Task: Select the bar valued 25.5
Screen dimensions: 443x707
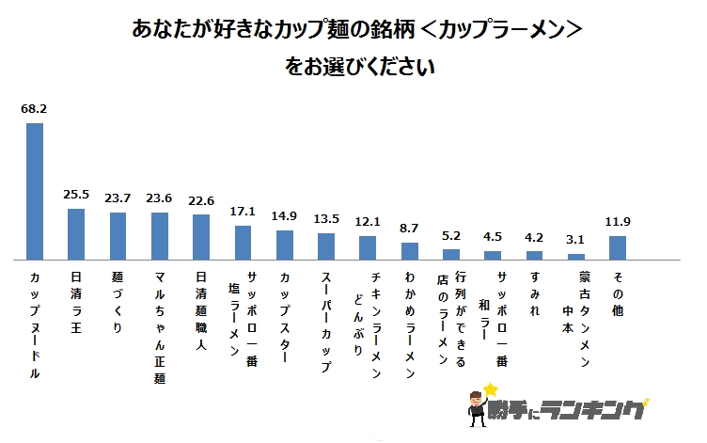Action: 76,233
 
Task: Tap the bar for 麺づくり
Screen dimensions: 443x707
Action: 118,235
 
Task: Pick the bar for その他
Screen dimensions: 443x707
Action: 618,246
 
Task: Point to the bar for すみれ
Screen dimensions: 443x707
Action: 534,254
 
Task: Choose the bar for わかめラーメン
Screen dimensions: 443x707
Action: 409,250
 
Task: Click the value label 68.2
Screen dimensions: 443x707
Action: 34,109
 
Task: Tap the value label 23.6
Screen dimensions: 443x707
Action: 159,198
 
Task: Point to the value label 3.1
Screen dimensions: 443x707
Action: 575,240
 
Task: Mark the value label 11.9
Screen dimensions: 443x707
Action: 618,222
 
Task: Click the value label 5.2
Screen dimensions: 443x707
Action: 450,235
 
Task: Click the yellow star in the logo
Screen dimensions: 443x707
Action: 490,388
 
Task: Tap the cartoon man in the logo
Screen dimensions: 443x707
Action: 475,409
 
